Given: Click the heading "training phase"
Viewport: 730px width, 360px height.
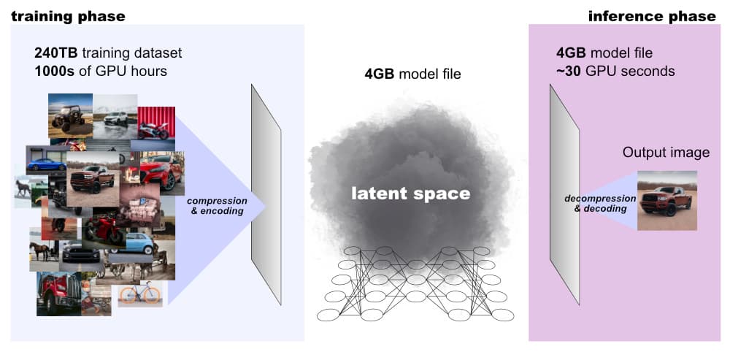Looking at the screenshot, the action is (x=68, y=17).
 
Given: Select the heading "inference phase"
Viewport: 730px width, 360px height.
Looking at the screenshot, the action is (x=652, y=17).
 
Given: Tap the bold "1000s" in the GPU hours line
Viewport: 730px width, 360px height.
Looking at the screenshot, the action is (x=53, y=72).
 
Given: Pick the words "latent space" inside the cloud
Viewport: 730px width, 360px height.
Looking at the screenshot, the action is (x=410, y=194).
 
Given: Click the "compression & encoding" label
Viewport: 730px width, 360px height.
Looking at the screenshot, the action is (x=217, y=206).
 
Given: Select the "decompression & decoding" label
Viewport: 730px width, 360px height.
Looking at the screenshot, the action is (x=600, y=204).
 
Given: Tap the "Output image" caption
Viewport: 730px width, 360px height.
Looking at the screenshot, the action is (x=666, y=153).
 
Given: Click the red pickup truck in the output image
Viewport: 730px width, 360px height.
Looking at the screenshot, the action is (x=666, y=201).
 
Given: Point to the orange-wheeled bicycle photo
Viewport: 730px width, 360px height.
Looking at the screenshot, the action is (x=140, y=294).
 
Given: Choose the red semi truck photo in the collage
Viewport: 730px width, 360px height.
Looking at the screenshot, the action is (x=58, y=294).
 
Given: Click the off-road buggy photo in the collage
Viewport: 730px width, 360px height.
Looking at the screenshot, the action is (x=70, y=115).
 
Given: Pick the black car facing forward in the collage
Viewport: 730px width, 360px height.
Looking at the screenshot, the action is (x=81, y=252).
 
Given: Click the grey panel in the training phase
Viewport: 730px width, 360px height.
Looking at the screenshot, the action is (x=266, y=195).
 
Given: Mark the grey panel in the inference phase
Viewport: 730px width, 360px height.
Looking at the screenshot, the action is (x=564, y=195).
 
